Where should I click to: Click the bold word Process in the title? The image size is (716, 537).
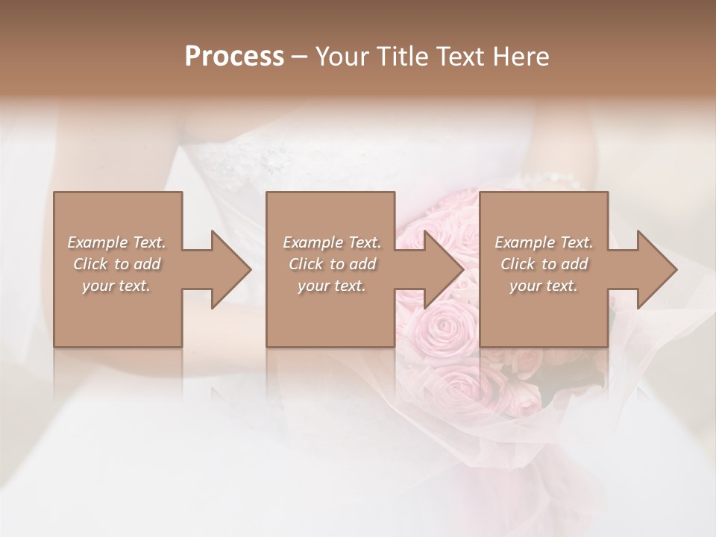point(234,57)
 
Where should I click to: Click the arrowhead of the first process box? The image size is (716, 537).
point(230,269)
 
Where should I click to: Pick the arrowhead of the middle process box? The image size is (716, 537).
point(443,269)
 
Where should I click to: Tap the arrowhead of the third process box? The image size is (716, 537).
point(656,269)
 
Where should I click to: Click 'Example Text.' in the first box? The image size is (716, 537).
point(117,242)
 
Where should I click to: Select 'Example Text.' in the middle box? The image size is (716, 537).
point(332,242)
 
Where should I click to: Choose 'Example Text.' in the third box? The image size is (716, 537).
point(544,242)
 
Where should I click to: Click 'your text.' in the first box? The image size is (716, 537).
point(116,286)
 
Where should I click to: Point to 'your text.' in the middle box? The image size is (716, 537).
point(332,286)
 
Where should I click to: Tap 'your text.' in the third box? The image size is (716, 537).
point(544,286)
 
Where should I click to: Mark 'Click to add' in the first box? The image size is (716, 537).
point(117,264)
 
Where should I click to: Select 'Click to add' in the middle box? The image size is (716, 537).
point(332,264)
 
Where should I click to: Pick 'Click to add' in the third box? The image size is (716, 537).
point(544,264)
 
